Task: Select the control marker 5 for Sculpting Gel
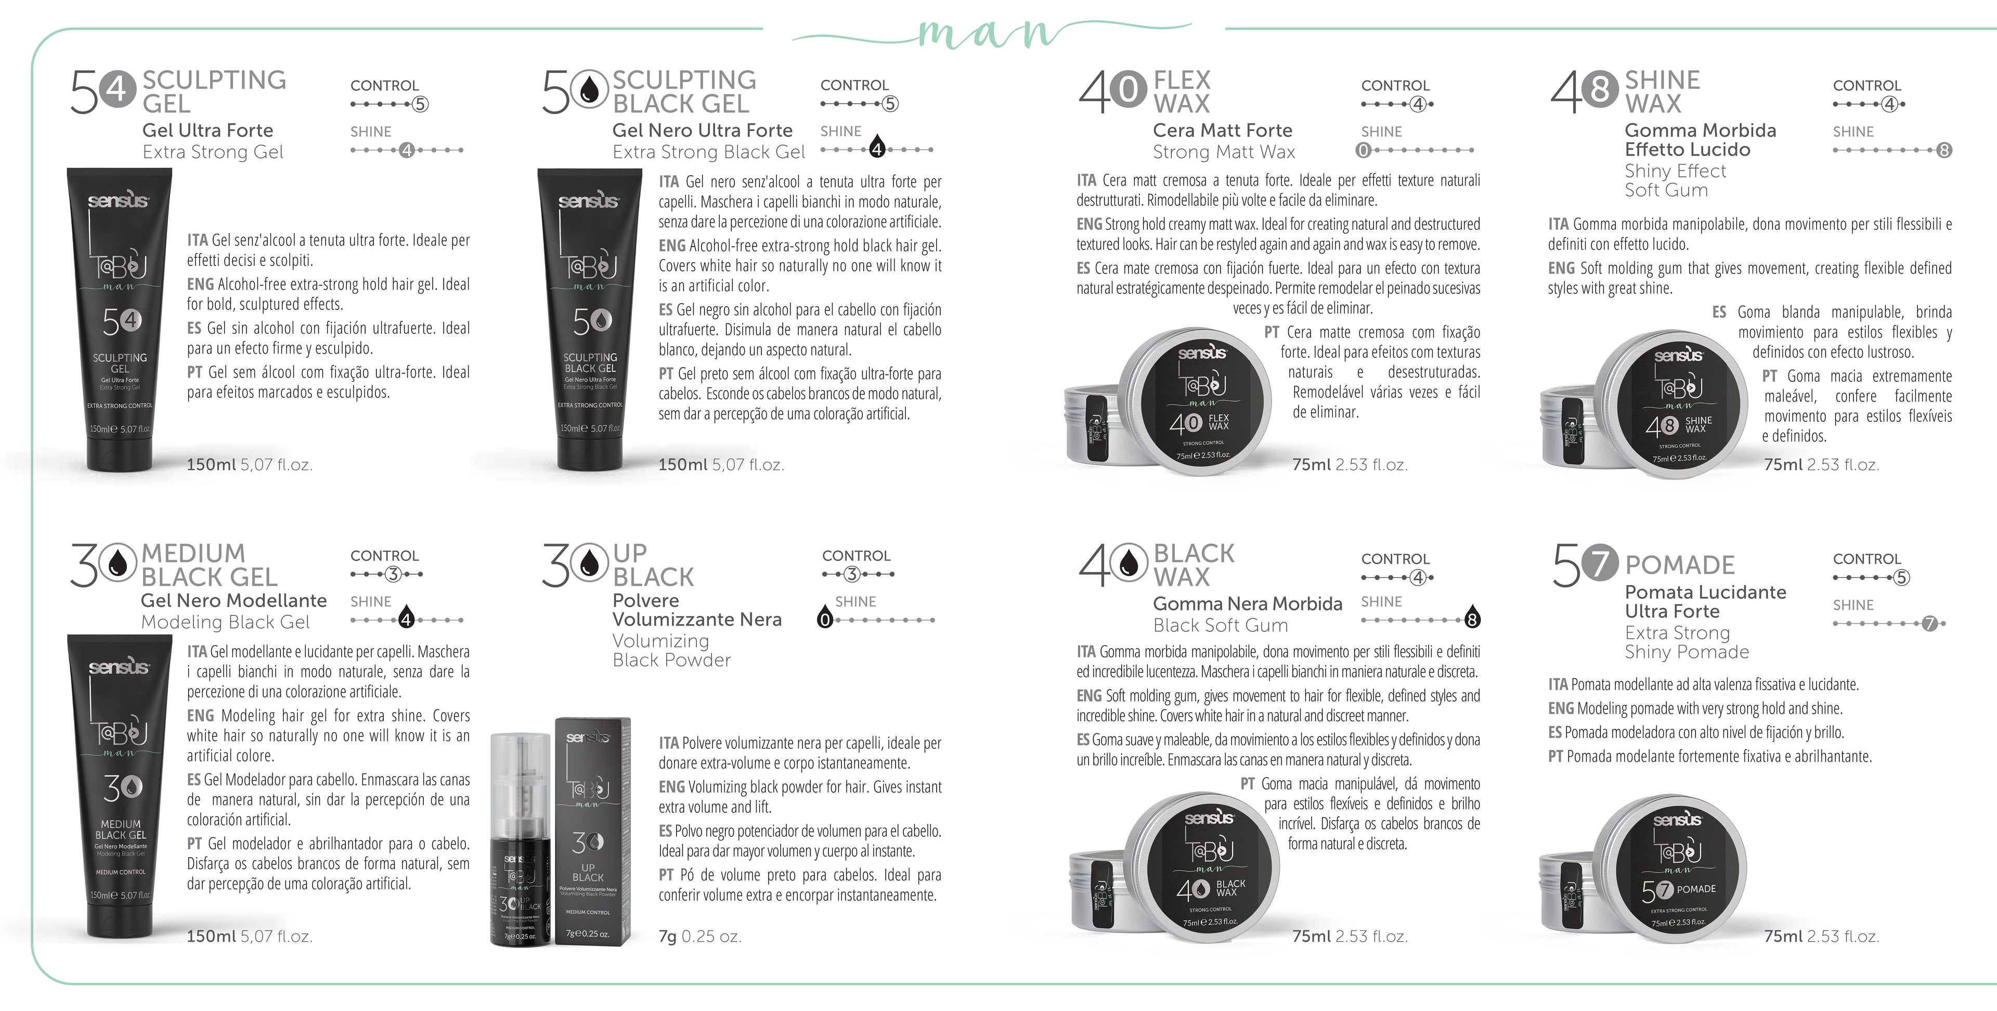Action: pos(419,104)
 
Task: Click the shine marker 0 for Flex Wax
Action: pos(1364,150)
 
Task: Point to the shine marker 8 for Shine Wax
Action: pos(1943,150)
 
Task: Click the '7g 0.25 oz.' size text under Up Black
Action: pos(700,937)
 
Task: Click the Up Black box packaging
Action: pos(592,829)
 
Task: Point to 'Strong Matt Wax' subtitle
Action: pos(1223,152)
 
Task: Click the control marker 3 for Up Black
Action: pos(852,575)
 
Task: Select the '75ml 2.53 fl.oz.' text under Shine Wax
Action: pos(1821,465)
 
